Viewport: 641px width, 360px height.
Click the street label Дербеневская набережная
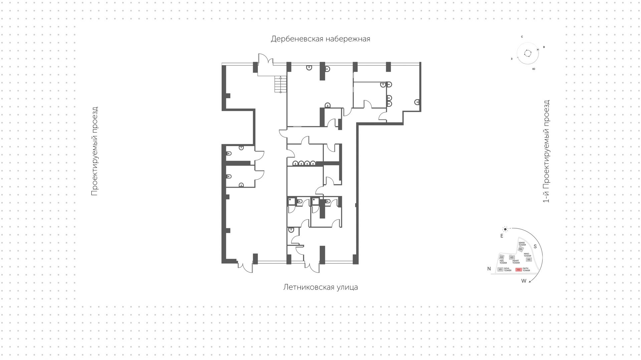click(x=320, y=39)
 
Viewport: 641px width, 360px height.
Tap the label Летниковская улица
click(x=320, y=287)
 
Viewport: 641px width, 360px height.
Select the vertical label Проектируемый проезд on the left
click(x=94, y=151)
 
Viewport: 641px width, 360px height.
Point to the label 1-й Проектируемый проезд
click(x=546, y=151)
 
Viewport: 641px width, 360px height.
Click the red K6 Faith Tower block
click(x=518, y=269)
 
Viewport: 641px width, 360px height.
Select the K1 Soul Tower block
click(x=500, y=269)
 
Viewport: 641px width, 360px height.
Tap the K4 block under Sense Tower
click(x=520, y=249)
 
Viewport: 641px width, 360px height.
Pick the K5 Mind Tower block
click(x=528, y=259)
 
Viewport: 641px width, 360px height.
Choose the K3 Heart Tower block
click(x=511, y=257)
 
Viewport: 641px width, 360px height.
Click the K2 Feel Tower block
click(x=501, y=257)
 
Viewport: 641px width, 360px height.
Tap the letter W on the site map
click(x=523, y=281)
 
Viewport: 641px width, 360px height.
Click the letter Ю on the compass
click(x=533, y=69)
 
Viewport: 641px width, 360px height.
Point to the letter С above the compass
click(x=521, y=37)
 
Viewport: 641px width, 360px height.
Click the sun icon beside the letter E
click(x=505, y=229)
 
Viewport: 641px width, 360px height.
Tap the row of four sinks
click(x=304, y=163)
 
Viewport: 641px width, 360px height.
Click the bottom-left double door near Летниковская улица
click(x=245, y=267)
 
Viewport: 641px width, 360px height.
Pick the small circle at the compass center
click(x=527, y=53)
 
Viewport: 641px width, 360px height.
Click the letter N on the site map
click(x=489, y=269)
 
